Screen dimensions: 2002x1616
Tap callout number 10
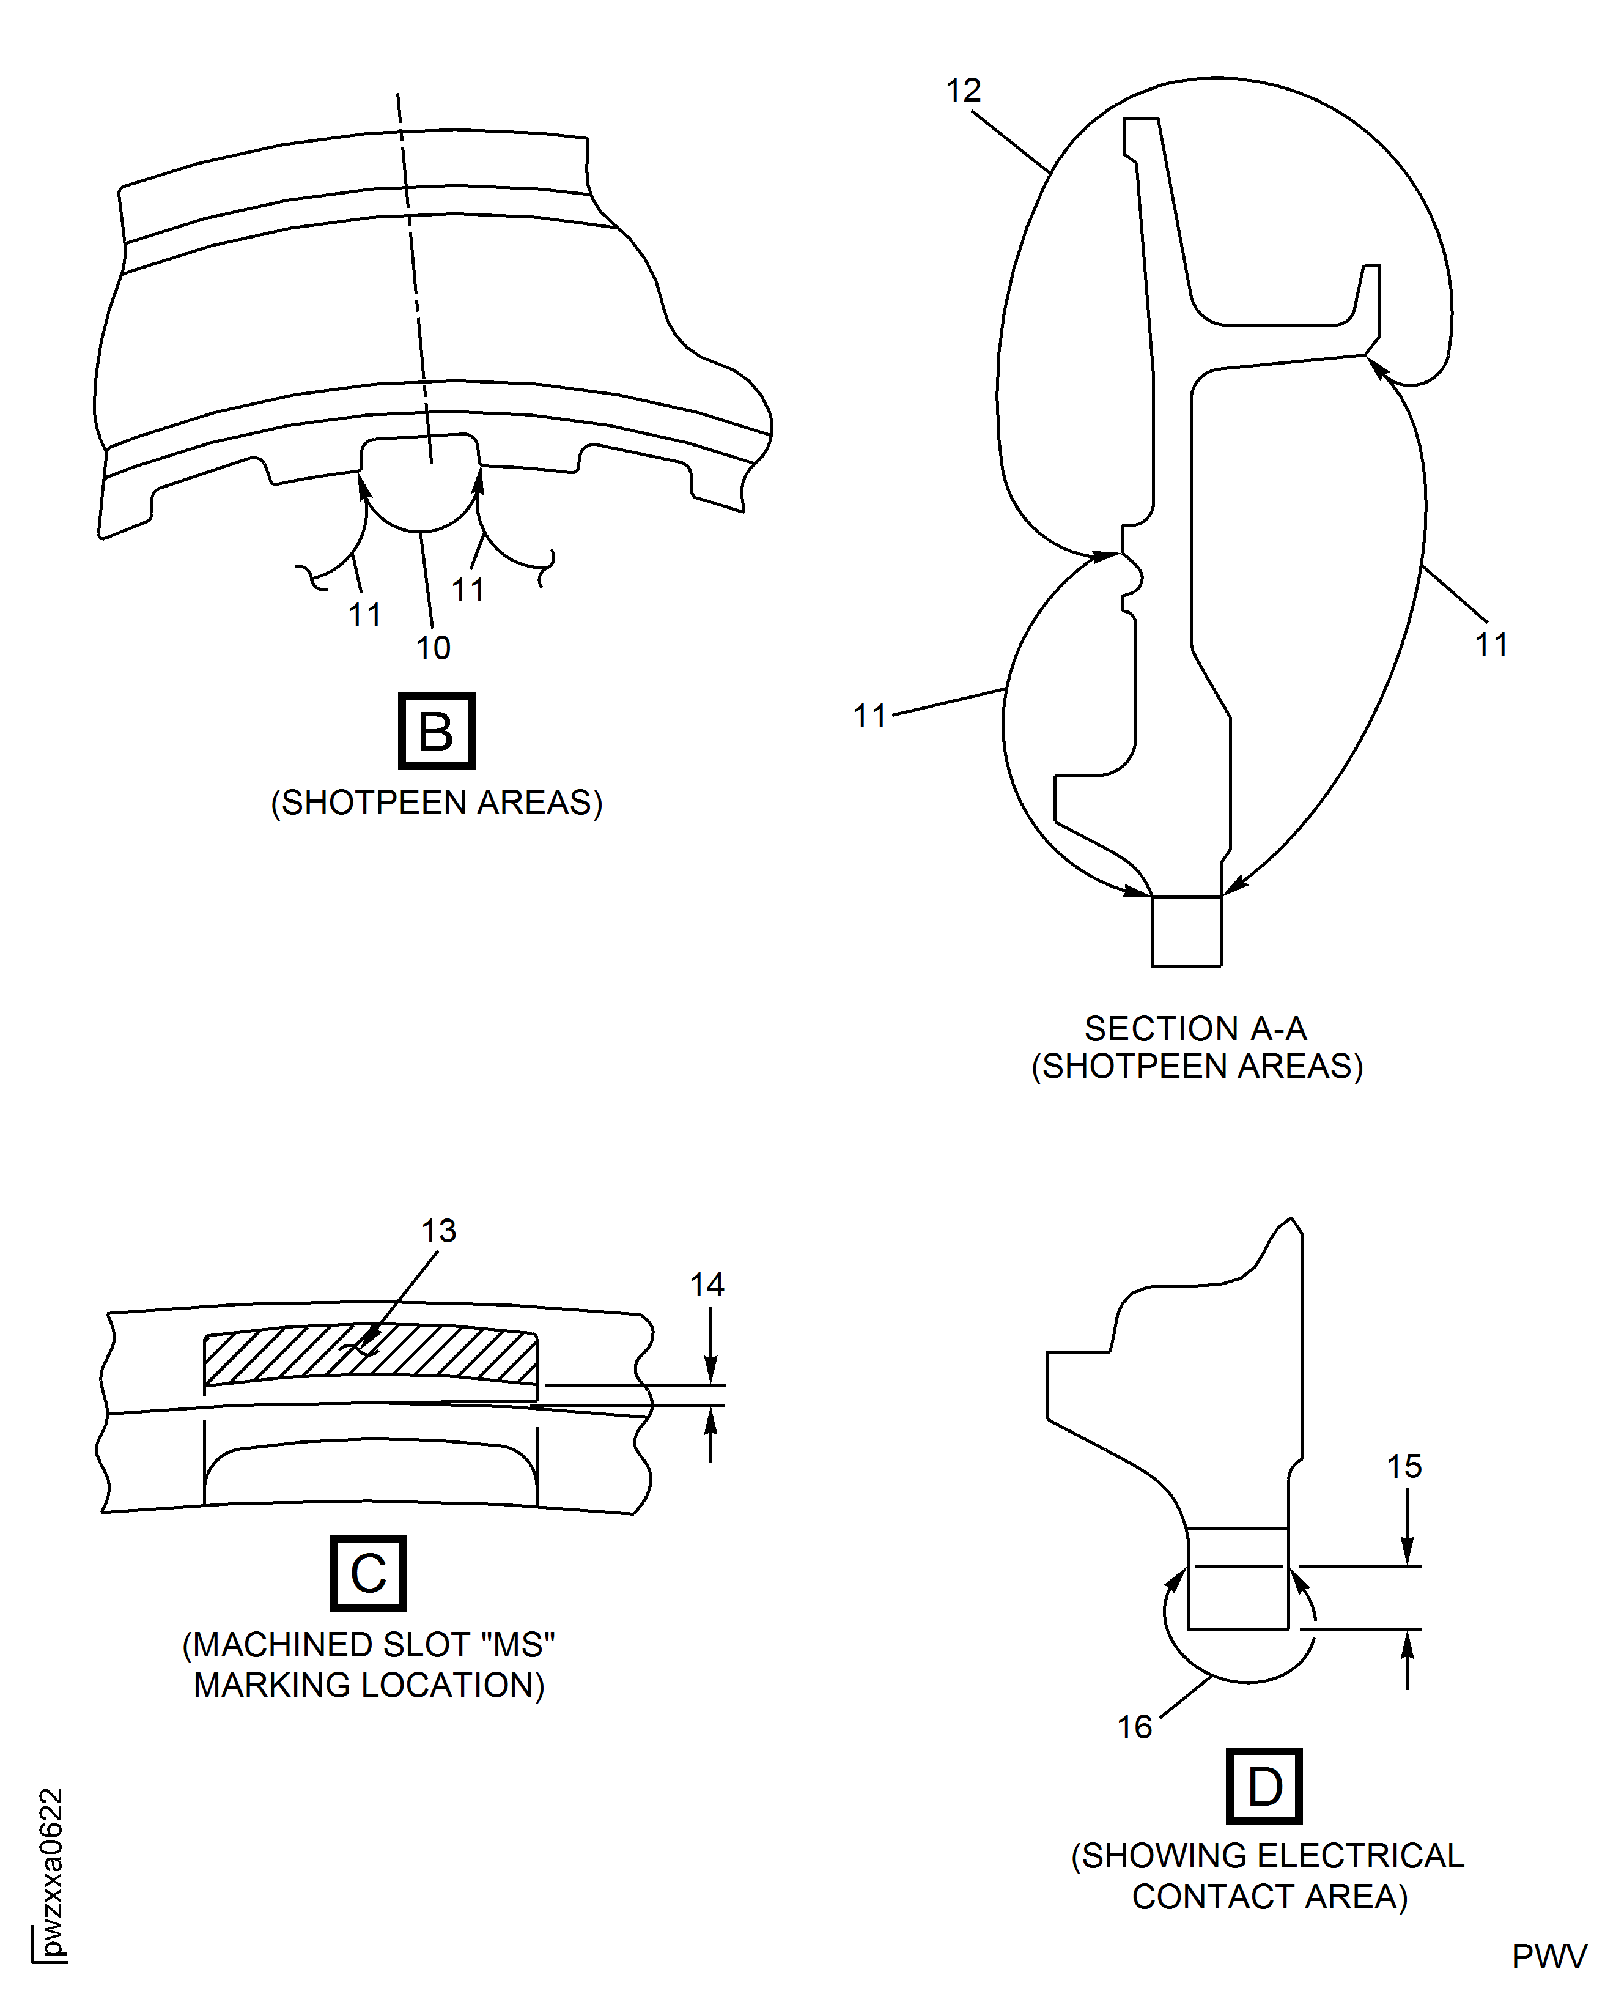433,647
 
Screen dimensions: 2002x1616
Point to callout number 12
964,91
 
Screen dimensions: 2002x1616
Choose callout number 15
1404,1467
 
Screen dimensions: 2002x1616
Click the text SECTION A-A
1195,1028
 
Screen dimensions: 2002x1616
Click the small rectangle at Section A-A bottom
1186,931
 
